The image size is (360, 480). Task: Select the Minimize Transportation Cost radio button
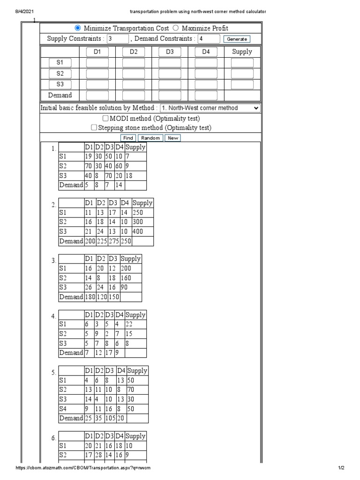(78, 28)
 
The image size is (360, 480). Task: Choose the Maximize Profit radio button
(176, 28)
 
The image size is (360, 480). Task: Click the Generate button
(236, 39)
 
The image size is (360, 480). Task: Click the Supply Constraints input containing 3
(117, 39)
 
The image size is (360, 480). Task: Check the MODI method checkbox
(105, 118)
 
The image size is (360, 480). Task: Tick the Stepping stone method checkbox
(94, 127)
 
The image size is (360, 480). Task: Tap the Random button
(150, 138)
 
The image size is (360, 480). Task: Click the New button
(173, 138)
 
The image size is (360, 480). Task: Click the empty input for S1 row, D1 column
(97, 62)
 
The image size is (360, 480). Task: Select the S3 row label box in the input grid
(60, 84)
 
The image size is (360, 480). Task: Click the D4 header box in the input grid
(206, 52)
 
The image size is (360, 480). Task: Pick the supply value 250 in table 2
(139, 213)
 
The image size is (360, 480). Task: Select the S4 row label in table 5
(63, 409)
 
